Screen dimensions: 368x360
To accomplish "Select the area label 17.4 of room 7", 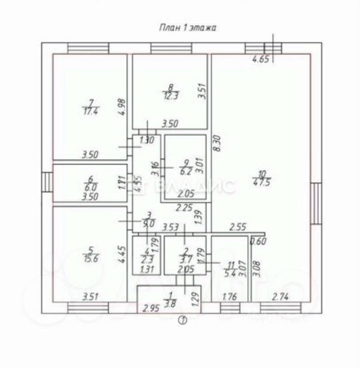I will click(91, 112).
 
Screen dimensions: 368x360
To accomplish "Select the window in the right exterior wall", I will click(315, 203).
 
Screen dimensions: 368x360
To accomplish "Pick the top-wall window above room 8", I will click(171, 48).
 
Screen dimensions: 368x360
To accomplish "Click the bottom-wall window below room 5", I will click(88, 308).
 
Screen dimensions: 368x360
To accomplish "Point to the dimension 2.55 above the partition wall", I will click(238, 227).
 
